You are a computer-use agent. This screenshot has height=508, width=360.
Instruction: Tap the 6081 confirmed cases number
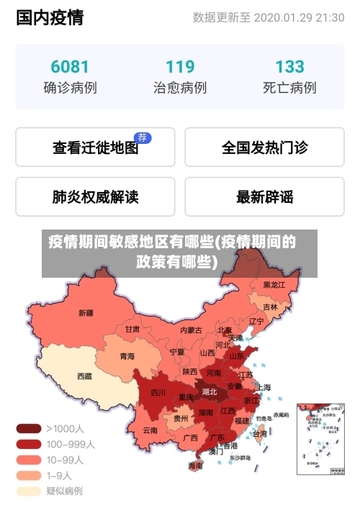pyautogui.click(x=70, y=67)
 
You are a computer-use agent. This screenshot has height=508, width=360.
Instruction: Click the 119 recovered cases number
pyautogui.click(x=180, y=67)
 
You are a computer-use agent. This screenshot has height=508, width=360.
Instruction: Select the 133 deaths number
pyautogui.click(x=289, y=67)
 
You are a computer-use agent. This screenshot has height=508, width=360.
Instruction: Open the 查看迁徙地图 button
pyautogui.click(x=95, y=148)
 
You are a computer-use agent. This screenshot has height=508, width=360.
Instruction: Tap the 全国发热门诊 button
pyautogui.click(x=264, y=148)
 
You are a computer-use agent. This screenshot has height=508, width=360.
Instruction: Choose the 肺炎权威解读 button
pyautogui.click(x=95, y=196)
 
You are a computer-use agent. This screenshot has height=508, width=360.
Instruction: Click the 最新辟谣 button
pyautogui.click(x=264, y=196)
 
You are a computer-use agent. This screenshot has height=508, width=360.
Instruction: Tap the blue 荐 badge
pyautogui.click(x=143, y=137)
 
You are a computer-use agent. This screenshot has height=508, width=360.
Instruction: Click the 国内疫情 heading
pyautogui.click(x=50, y=18)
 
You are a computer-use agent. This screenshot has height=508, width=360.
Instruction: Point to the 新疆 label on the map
pyautogui.click(x=86, y=313)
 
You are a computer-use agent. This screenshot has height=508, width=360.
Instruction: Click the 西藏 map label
pyautogui.click(x=84, y=376)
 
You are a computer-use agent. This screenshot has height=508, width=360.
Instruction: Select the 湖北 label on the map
pyautogui.click(x=210, y=392)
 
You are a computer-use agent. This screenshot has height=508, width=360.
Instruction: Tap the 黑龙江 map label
pyautogui.click(x=274, y=285)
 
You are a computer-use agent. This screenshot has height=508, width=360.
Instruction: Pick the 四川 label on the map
pyautogui.click(x=158, y=393)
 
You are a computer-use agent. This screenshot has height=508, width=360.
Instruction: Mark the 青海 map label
pyautogui.click(x=127, y=355)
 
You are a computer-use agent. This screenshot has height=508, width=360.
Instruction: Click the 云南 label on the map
pyautogui.click(x=150, y=430)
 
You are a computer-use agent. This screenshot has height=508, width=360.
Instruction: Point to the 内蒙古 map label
pyautogui.click(x=191, y=330)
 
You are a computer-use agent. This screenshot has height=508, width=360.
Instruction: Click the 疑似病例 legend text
pyautogui.click(x=64, y=491)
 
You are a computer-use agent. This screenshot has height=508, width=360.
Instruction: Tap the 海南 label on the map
pyautogui.click(x=195, y=466)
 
